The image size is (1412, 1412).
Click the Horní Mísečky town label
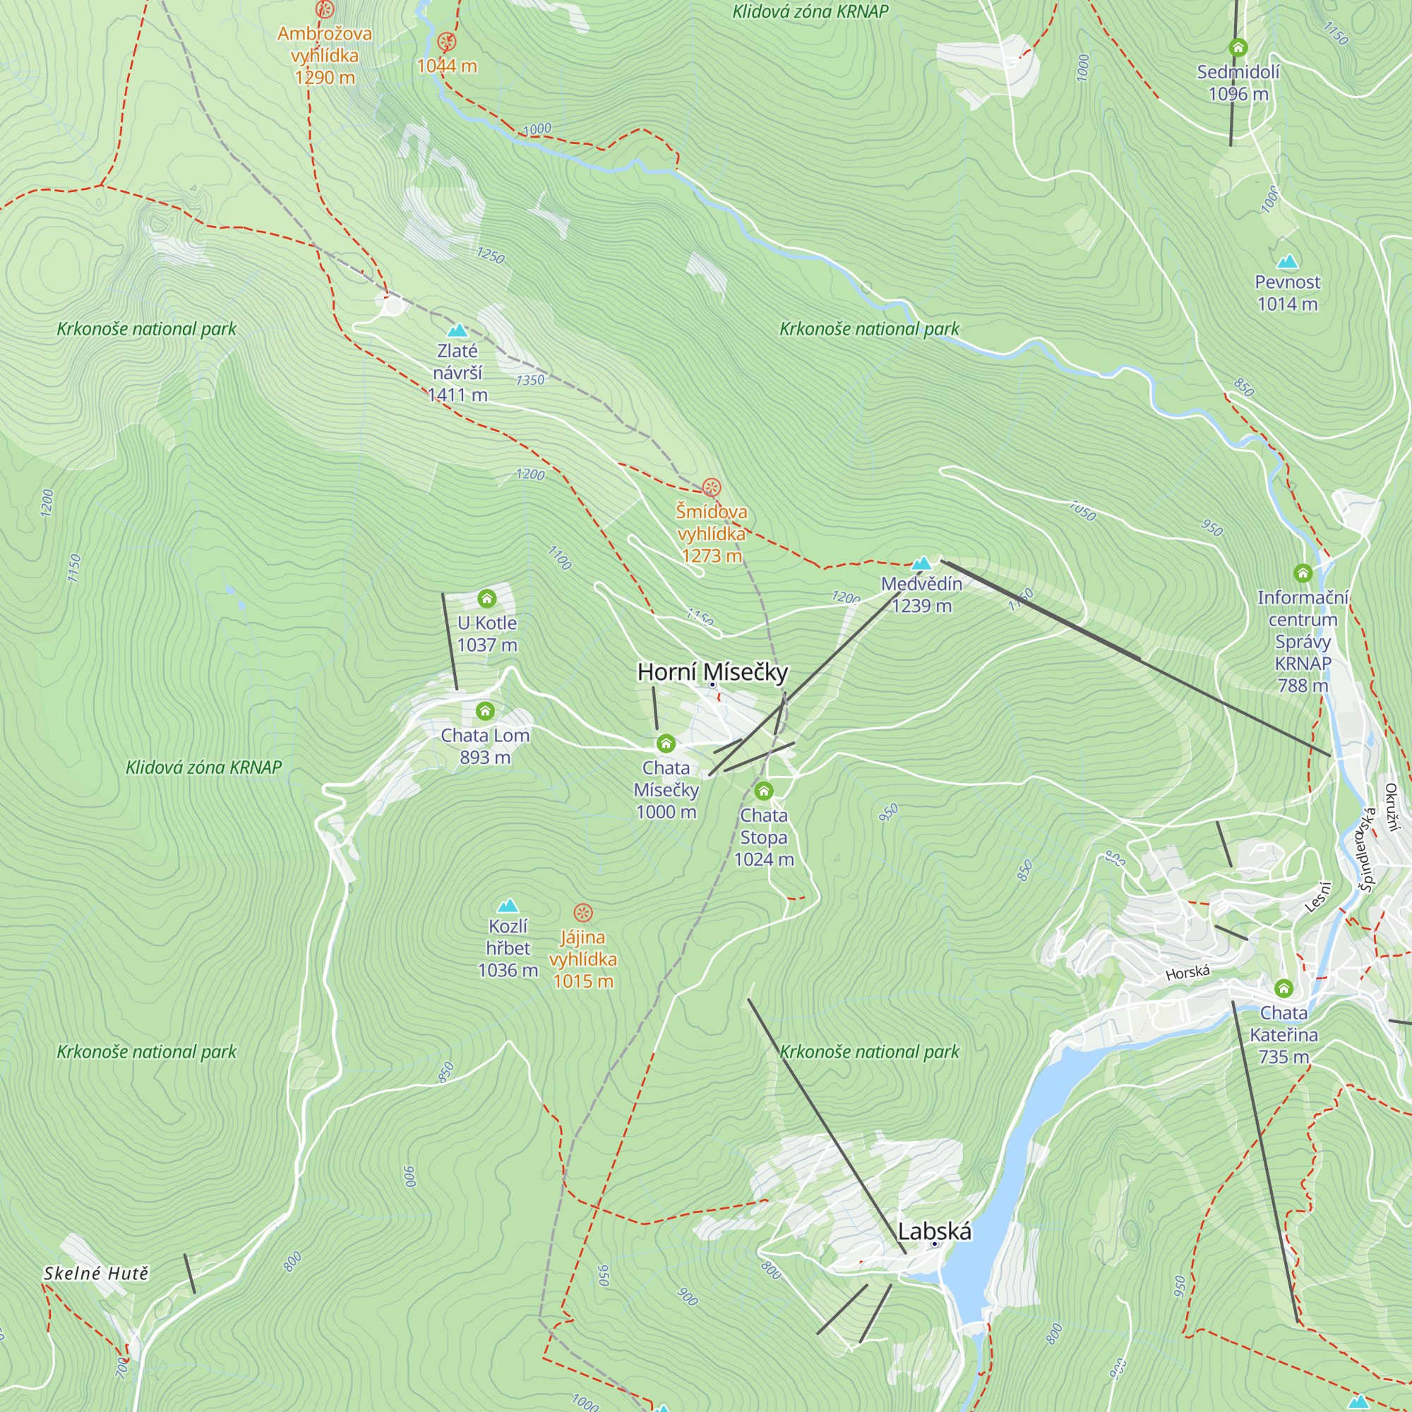712,671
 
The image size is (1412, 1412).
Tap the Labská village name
934,1231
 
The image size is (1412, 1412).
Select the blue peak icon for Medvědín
921,563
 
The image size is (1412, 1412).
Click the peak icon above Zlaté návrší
457,330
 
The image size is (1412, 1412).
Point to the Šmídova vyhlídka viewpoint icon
711,487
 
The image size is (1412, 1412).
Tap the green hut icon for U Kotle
486,599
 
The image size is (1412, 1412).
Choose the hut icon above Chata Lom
485,711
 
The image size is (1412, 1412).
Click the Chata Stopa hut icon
764,791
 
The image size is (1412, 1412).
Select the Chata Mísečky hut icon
665,744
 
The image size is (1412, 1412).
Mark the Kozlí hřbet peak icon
507,907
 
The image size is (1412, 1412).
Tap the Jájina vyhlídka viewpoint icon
582,912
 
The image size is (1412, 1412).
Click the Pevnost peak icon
1287,262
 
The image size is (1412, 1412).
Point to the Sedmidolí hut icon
1238,48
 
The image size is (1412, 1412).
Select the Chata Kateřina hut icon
1284,990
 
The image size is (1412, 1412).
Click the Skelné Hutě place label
97,1274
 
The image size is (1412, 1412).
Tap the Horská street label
1187,973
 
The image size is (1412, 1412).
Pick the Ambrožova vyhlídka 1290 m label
325,55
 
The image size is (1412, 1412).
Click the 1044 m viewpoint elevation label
447,66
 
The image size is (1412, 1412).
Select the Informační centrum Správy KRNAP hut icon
1303,573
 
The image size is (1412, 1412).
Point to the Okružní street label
1392,807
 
